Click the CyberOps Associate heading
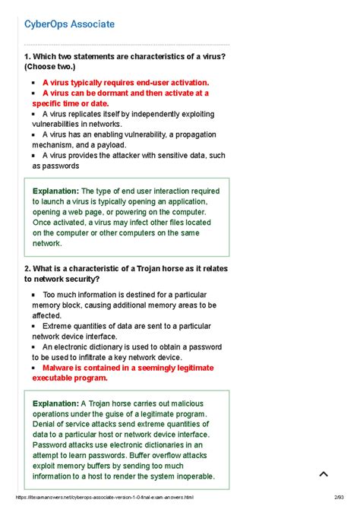click(x=70, y=24)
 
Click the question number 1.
click(x=27, y=57)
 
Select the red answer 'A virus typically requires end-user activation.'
click(x=125, y=82)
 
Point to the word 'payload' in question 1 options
click(x=109, y=144)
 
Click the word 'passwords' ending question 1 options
click(x=59, y=166)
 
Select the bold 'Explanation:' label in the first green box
click(x=55, y=191)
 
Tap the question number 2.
click(x=27, y=269)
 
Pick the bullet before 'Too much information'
click(x=34, y=294)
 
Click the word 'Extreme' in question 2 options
click(x=58, y=325)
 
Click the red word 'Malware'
click(x=59, y=367)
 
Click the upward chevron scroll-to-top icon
click(x=324, y=474)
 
